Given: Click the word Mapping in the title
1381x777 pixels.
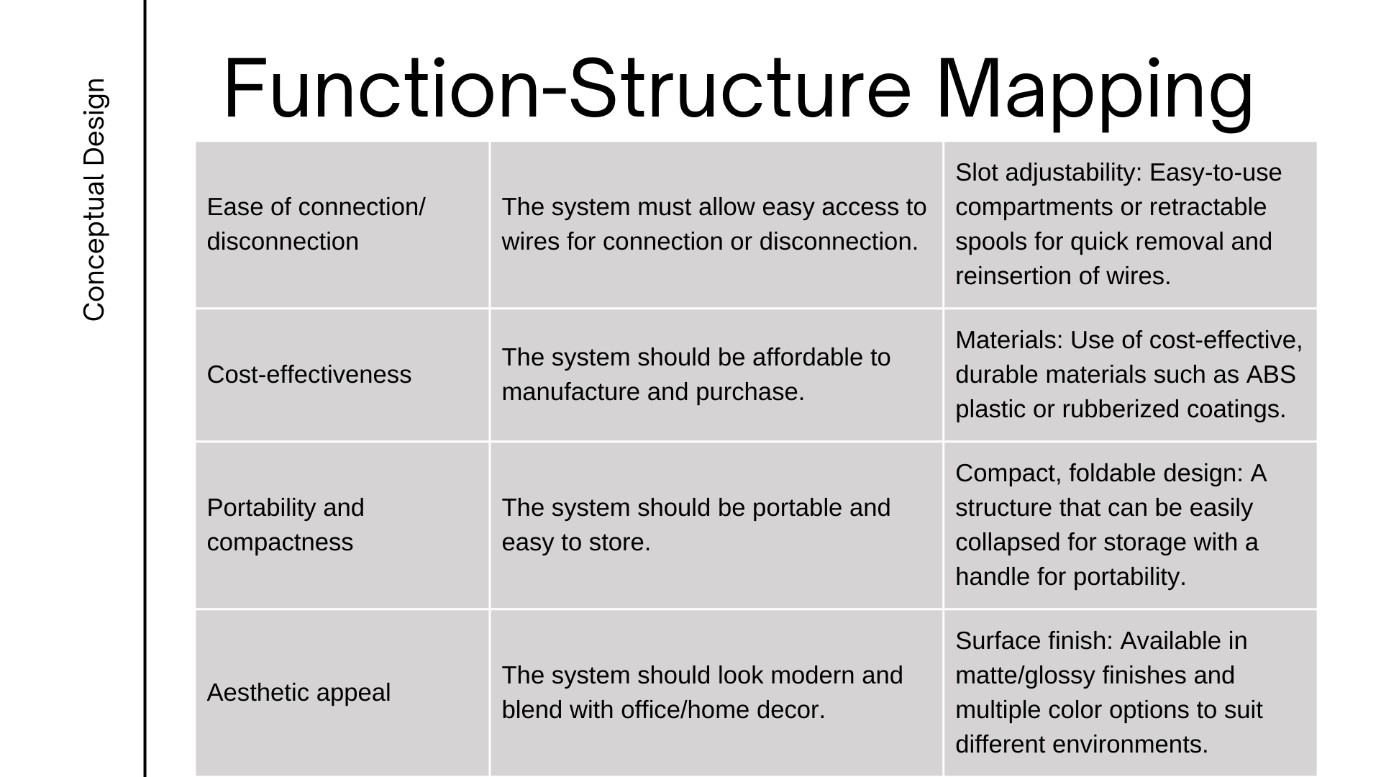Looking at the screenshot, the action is [x=1095, y=91].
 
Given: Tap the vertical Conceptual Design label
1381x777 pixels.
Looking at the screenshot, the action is [x=94, y=199].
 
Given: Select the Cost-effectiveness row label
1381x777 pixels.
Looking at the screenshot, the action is [x=309, y=375].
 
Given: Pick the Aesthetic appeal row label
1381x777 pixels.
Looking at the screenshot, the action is [x=298, y=693].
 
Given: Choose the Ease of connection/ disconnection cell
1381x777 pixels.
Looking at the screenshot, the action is [x=316, y=224].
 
